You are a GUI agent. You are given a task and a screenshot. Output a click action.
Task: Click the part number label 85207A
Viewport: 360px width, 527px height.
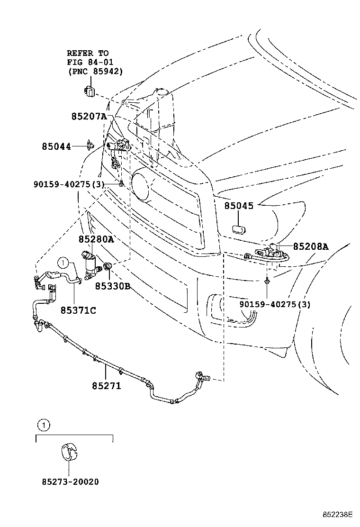(89, 116)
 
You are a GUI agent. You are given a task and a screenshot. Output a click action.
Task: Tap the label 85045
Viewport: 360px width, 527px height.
(239, 206)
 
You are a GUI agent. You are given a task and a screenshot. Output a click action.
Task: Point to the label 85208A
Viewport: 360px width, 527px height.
(310, 246)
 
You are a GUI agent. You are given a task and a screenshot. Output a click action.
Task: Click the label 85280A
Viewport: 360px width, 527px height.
(96, 240)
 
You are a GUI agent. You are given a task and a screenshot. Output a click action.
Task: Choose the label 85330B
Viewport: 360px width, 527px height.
(112, 286)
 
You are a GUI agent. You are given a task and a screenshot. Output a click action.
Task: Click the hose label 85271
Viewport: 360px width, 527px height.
(107, 386)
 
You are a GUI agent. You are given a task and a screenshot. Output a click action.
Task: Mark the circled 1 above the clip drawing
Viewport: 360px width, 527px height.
(43, 425)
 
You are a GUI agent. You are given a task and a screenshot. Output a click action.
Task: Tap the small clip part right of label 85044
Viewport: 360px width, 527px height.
(90, 145)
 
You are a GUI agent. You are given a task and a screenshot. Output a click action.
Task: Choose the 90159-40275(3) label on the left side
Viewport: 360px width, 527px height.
(75, 183)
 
